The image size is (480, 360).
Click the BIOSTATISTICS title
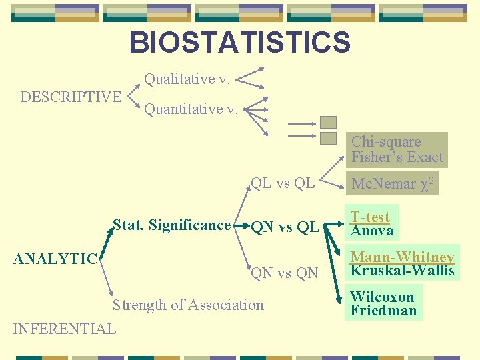point(239,43)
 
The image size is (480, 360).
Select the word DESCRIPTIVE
point(71,97)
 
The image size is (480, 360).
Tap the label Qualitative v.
point(187,80)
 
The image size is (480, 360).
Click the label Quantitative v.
point(191,109)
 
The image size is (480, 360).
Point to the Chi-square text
point(386,142)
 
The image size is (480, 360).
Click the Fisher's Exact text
point(397,157)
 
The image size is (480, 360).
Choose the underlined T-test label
point(370,217)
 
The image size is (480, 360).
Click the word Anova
point(372,231)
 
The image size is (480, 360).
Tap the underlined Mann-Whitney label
point(403,257)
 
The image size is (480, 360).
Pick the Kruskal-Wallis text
point(403,270)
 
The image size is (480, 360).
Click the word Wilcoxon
point(382,297)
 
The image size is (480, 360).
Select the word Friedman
point(383,311)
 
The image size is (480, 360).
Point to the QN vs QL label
point(285,227)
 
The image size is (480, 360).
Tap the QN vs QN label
point(285,273)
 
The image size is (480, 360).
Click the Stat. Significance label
point(171,225)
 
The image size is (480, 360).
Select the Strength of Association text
point(188,305)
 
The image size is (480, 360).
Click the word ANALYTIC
point(56,259)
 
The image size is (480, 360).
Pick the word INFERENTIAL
point(65,329)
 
